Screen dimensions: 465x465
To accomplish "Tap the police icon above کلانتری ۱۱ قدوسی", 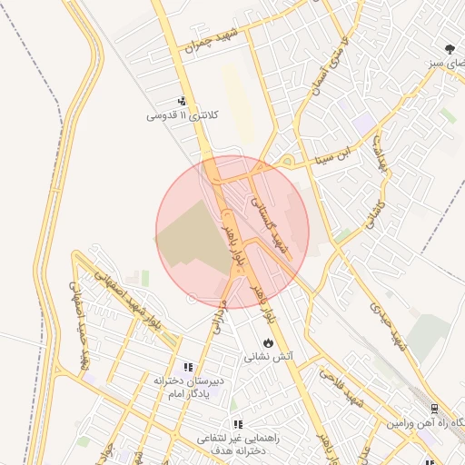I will coord(183,102).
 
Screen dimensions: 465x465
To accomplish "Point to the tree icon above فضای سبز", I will coord(450,49).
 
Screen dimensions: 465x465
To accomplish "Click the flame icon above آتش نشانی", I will coord(267,342).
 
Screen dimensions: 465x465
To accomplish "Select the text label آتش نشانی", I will coord(268,358).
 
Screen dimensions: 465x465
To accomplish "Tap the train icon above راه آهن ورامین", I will coord(434,409).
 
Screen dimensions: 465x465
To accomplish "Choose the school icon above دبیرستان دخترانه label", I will coord(188,367).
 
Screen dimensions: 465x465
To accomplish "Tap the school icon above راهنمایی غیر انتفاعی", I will coord(238,424).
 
